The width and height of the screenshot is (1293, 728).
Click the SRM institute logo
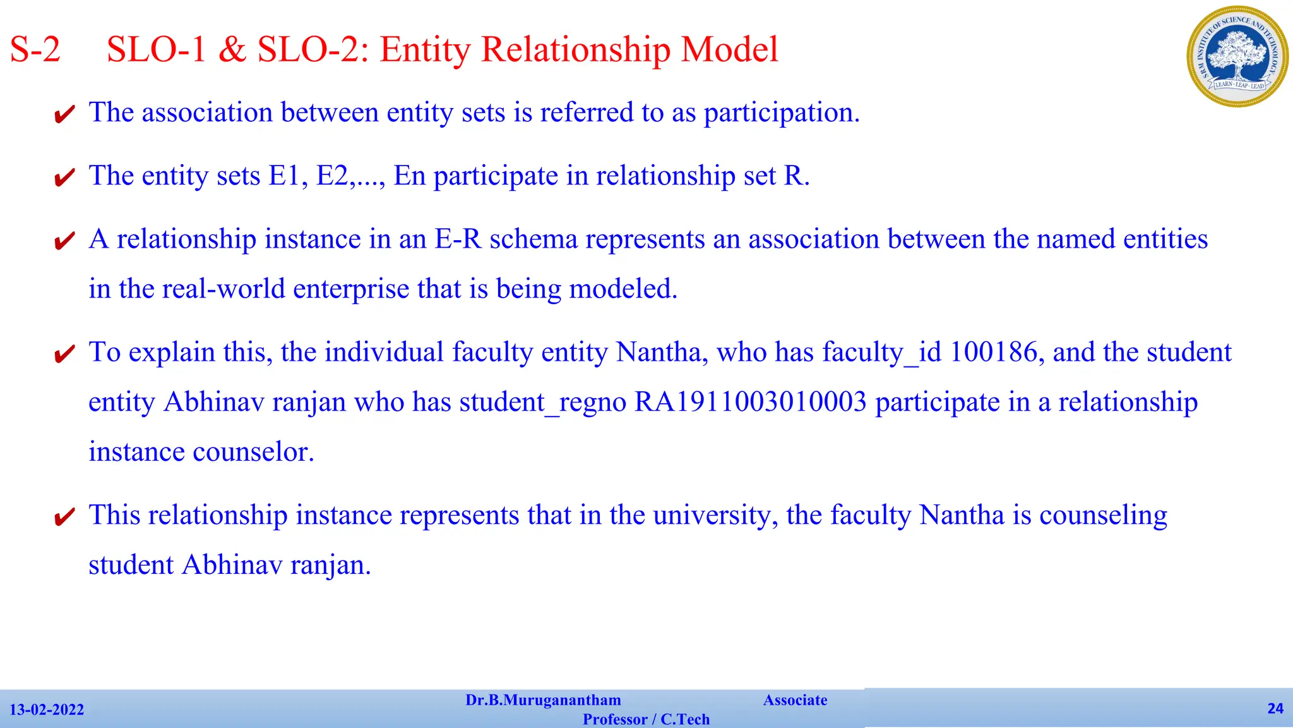coord(1237,56)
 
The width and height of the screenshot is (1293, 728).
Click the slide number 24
coord(1275,708)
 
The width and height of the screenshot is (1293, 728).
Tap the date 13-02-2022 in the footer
coord(47,710)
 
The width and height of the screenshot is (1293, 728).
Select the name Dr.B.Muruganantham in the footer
coord(543,700)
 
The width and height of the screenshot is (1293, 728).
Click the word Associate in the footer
coord(795,700)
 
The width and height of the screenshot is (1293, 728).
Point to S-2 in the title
coord(35,49)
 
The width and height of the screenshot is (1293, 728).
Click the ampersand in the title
coord(232,49)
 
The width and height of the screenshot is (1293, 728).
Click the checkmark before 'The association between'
coord(64,115)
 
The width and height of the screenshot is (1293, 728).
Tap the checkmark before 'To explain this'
coord(64,355)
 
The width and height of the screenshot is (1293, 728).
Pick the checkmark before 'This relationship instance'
coord(64,518)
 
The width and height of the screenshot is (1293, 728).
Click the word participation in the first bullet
coord(781,113)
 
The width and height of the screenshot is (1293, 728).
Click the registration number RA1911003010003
coord(750,403)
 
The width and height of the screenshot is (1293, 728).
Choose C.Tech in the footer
coord(685,719)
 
